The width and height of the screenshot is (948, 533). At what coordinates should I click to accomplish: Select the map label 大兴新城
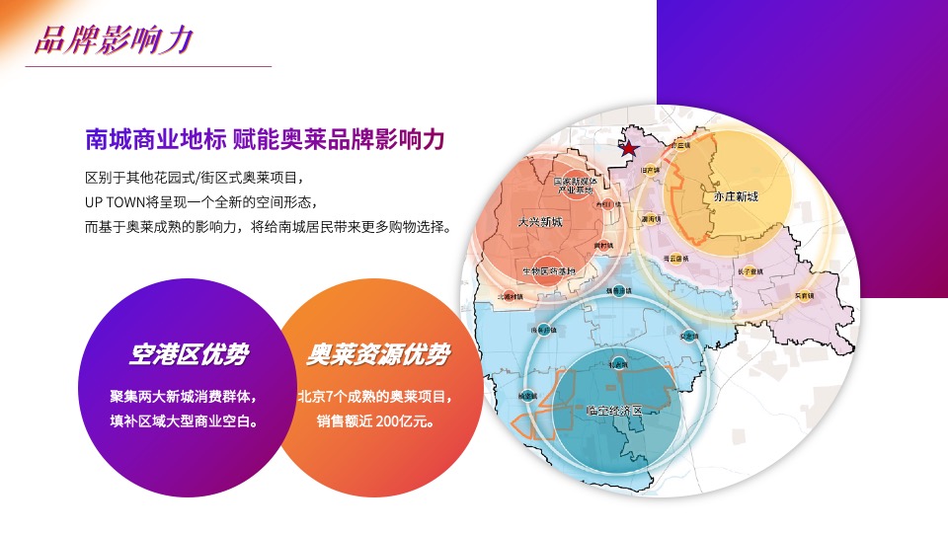pyautogui.click(x=539, y=223)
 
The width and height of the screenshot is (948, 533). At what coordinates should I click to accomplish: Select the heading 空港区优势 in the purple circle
pyautogui.click(x=189, y=354)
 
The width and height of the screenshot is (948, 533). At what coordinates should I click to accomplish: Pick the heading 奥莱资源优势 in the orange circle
pyautogui.click(x=376, y=354)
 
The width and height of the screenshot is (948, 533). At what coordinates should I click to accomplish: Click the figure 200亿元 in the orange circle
pyautogui.click(x=408, y=420)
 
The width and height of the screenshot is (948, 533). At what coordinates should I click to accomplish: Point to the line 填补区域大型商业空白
pyautogui.click(x=185, y=420)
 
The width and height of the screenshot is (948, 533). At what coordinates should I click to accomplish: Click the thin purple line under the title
pyautogui.click(x=148, y=66)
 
